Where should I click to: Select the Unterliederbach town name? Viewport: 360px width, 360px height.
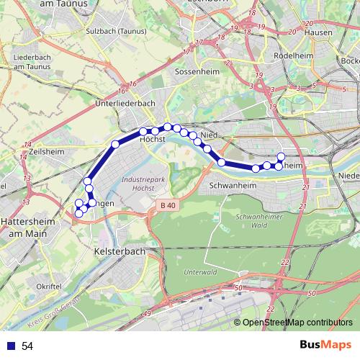point(125,104)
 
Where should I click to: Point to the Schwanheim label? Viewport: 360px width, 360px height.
point(229,184)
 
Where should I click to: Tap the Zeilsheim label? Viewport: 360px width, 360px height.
point(48,152)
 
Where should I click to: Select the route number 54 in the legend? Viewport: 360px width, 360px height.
point(27,346)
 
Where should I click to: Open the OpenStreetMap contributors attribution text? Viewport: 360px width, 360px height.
point(297,323)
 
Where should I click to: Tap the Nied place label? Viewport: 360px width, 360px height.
point(209,135)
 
